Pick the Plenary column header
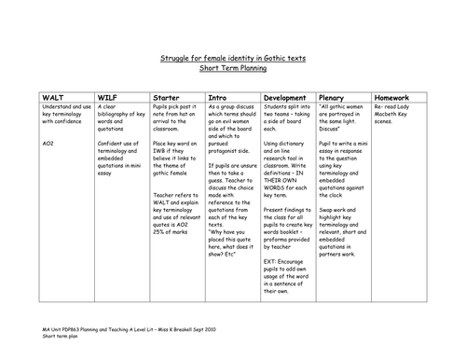click(x=335, y=96)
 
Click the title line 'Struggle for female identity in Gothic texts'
click(x=232, y=59)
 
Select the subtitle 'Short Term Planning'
click(x=232, y=68)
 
